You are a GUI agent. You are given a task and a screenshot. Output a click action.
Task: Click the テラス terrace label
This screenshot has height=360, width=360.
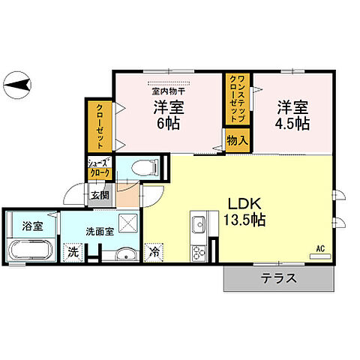click(x=278, y=279)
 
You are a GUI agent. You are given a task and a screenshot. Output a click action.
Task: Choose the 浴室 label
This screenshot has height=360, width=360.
click(x=31, y=225)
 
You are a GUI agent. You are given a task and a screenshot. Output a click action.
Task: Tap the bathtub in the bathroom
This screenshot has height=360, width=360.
click(x=31, y=250)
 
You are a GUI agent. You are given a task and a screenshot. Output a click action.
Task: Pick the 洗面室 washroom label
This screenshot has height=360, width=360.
click(x=99, y=232)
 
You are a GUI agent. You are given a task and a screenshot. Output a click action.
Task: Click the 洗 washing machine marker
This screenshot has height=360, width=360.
click(x=73, y=253)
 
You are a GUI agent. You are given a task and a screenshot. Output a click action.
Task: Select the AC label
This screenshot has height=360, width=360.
click(x=319, y=247)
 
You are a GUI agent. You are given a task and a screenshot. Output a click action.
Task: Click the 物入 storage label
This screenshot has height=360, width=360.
click(x=237, y=139)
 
